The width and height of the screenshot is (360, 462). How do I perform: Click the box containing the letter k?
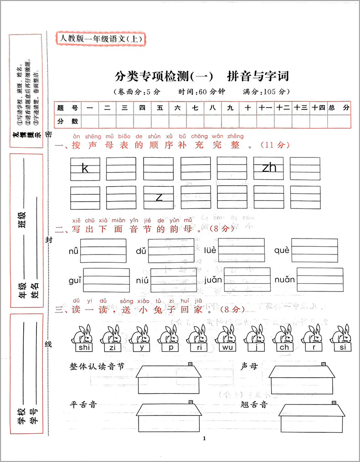click(x=85, y=168)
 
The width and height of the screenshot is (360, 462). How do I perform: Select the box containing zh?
click(x=269, y=168)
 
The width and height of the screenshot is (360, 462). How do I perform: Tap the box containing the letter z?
click(x=159, y=197)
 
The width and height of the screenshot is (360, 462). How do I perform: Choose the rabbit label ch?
click(x=284, y=348)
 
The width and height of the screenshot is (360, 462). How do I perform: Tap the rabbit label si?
click(x=342, y=348)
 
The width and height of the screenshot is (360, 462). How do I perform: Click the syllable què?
click(x=282, y=250)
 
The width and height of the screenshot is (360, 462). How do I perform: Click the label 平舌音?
click(x=83, y=404)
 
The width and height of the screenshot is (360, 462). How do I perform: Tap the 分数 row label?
click(x=67, y=121)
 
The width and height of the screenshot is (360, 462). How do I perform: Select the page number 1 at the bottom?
click(x=204, y=439)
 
